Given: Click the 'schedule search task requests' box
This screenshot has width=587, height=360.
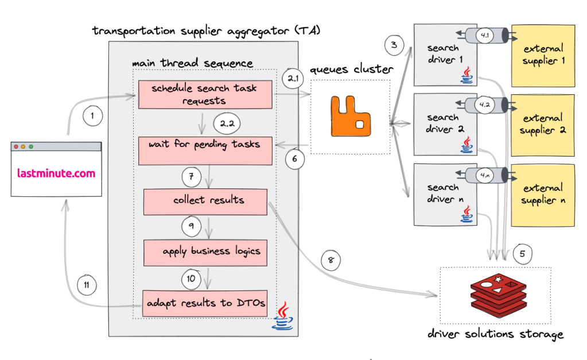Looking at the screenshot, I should point(205,95).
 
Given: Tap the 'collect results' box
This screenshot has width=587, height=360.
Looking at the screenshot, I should point(205,200).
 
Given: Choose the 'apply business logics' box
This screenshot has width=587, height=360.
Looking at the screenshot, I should point(205,252).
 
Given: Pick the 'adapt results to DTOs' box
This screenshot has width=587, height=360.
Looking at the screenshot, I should point(205,303).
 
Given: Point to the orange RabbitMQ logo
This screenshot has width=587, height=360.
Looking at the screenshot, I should point(350,117).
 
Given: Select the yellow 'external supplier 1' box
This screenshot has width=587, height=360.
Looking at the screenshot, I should point(543,55).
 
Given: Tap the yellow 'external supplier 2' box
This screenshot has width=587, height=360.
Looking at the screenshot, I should point(543,125).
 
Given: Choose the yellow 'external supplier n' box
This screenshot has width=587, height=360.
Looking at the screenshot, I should point(543,194).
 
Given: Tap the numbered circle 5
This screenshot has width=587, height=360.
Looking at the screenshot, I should point(523,253).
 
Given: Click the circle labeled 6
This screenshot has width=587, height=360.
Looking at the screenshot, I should point(295,159).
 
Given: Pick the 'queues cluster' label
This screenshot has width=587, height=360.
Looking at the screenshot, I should point(352,69).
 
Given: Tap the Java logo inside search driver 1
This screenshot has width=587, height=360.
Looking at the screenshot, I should point(467,75).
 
